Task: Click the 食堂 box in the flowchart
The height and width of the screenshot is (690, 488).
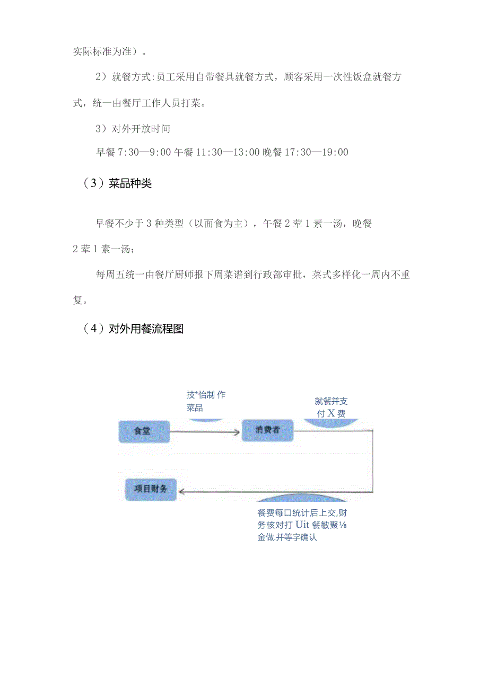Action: [x=143, y=431]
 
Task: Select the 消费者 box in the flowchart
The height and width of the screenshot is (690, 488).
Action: [x=268, y=431]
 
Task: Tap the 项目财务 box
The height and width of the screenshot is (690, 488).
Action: [x=151, y=489]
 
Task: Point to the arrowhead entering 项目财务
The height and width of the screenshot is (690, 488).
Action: [x=181, y=491]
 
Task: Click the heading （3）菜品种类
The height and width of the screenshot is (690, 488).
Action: [x=117, y=184]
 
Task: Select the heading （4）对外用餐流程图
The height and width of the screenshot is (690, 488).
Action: [x=133, y=329]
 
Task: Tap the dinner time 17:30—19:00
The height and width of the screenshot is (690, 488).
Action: [x=317, y=153]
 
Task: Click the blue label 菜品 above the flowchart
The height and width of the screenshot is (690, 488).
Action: [x=195, y=408]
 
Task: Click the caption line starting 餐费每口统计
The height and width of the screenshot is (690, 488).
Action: [x=302, y=513]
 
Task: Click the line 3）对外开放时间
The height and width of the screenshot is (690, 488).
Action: [x=133, y=128]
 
